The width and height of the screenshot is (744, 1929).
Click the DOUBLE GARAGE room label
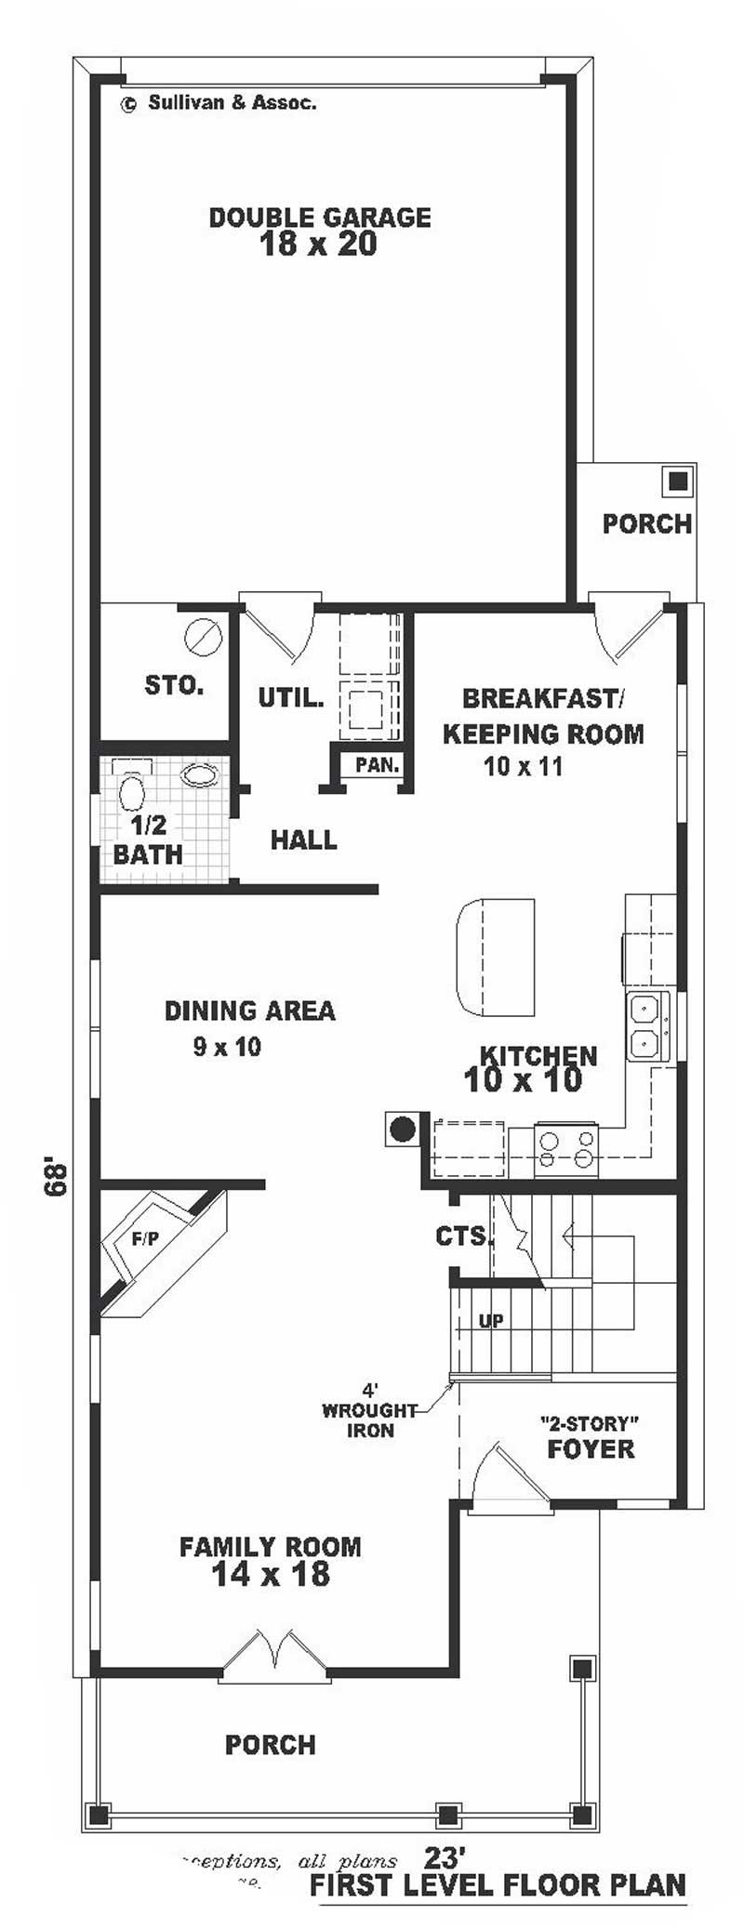tap(319, 218)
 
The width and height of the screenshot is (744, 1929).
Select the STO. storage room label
tap(174, 686)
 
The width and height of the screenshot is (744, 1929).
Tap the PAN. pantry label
tap(377, 765)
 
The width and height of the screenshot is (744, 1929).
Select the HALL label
tap(303, 840)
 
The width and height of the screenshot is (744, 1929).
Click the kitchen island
tap(496, 958)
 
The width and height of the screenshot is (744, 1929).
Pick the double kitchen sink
tap(648, 1026)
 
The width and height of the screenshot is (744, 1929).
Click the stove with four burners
tap(566, 1148)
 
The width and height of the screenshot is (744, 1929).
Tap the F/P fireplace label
tap(144, 1238)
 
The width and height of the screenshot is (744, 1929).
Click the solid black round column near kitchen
tap(401, 1129)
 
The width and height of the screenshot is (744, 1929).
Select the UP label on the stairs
tap(491, 1321)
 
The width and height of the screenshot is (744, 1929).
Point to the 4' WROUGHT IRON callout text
tap(370, 1410)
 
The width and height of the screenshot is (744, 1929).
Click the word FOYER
tap(591, 1448)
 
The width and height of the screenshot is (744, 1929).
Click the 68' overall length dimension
tap(55, 1176)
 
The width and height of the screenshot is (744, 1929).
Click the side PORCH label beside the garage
tap(646, 523)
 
